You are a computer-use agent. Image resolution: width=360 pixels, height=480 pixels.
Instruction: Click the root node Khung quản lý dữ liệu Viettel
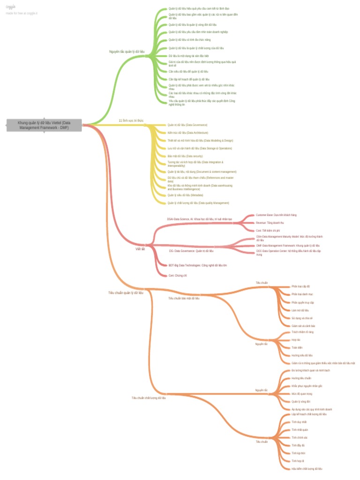click(44, 125)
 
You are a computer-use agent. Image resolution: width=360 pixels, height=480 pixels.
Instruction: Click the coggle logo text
click(10, 7)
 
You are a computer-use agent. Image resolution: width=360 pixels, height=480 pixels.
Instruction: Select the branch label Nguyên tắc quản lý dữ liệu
click(126, 52)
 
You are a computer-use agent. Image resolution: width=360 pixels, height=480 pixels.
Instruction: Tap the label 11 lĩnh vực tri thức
click(131, 120)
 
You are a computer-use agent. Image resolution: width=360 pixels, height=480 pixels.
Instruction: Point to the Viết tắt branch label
click(140, 249)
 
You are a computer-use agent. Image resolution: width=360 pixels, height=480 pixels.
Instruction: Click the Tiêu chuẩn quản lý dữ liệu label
click(126, 292)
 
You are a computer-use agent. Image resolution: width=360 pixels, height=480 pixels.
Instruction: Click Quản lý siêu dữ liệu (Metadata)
click(185, 195)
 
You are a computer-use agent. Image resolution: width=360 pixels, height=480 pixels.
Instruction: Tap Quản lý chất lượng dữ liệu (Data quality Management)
click(198, 203)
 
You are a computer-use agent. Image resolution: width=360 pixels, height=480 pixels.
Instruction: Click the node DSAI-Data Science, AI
click(199, 219)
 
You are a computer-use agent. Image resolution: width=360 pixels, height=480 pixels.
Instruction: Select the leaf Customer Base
click(276, 215)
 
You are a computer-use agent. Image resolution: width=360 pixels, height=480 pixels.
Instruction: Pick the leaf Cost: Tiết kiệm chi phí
click(268, 231)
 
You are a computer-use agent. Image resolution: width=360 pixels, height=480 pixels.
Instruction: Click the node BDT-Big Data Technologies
click(198, 265)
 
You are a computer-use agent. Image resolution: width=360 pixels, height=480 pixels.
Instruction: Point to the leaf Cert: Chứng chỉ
click(178, 276)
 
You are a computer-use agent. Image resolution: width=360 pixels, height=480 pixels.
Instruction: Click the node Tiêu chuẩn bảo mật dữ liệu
click(184, 298)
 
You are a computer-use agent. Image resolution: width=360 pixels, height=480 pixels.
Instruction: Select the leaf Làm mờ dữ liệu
click(300, 310)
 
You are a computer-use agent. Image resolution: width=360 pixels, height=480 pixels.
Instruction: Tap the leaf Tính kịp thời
click(298, 453)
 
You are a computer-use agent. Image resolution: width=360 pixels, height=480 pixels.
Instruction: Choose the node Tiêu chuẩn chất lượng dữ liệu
click(149, 397)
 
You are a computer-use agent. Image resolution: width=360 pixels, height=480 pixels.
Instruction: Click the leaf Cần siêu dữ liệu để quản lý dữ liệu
click(188, 71)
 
